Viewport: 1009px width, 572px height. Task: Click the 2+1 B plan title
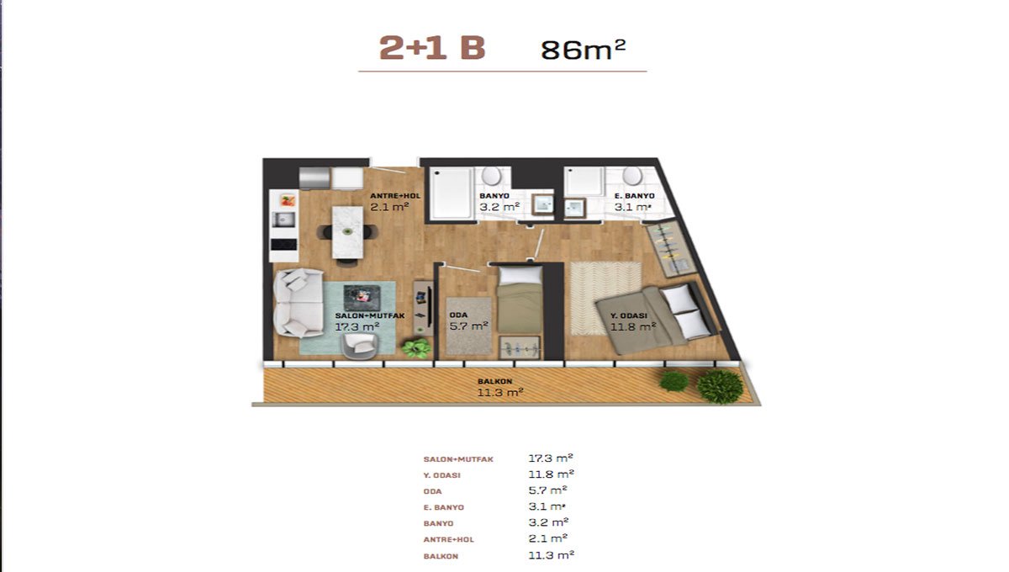point(432,48)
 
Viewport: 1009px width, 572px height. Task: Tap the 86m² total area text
point(584,50)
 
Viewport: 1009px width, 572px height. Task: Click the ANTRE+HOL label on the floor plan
point(395,196)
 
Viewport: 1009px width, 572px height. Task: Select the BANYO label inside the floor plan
point(494,196)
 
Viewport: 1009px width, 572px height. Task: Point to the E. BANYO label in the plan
point(634,196)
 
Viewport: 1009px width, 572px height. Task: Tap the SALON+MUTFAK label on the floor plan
point(370,315)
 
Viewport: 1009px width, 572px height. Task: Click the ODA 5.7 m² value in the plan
point(469,326)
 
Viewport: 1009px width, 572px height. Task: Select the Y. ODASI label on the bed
point(629,315)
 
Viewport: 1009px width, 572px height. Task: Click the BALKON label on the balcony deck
point(495,381)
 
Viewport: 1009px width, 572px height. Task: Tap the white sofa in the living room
point(298,303)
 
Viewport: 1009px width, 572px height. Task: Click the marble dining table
point(347,233)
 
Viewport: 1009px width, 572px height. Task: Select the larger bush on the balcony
point(720,387)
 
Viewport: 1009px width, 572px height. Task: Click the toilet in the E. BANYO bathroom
point(632,176)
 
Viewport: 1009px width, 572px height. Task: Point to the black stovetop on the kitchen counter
point(284,244)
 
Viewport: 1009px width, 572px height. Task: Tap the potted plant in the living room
point(416,348)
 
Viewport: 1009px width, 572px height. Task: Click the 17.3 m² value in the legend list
point(550,458)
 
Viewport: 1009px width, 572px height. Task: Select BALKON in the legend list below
point(441,556)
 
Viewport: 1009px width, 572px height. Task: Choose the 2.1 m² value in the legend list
point(547,538)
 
